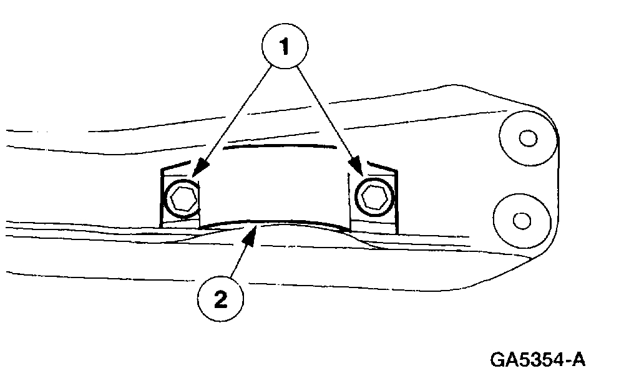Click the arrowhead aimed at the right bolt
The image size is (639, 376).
pos(359,169)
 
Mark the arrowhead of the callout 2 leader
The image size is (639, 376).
pos(251,233)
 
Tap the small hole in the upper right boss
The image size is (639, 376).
pos(528,138)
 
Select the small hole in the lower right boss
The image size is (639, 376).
pos(521,219)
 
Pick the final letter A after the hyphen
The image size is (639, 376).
pos(579,360)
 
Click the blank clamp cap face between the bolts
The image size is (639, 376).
pos(275,187)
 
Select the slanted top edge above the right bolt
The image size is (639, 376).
pos(381,166)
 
